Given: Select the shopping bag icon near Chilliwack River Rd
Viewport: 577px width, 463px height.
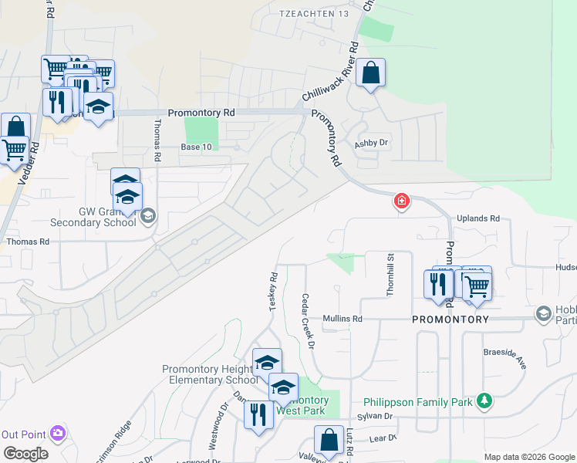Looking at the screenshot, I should [370, 73].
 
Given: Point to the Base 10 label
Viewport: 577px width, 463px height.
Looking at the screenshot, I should [194, 147].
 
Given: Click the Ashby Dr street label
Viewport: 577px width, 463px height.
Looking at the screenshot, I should [370, 144].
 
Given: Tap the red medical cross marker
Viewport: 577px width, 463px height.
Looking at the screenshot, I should [401, 202].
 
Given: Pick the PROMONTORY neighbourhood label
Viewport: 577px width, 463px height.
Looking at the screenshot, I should [450, 319].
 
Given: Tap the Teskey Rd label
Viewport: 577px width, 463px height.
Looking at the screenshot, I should [272, 292].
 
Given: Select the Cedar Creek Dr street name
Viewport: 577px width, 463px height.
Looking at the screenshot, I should [308, 321].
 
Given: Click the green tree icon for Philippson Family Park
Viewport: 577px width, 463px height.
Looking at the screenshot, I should [484, 400].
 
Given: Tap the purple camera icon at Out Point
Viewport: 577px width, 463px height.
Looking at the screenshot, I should [57, 433].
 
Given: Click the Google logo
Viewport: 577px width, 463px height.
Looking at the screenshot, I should [25, 454].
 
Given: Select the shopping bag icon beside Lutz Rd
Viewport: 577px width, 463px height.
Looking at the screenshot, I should [329, 440].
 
